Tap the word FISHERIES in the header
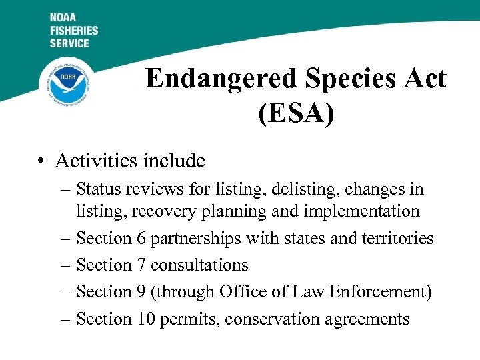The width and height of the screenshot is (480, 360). (x=73, y=31)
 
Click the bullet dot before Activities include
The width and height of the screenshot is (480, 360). (x=42, y=161)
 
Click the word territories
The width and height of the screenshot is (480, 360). (x=396, y=238)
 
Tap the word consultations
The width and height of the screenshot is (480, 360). (x=199, y=265)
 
